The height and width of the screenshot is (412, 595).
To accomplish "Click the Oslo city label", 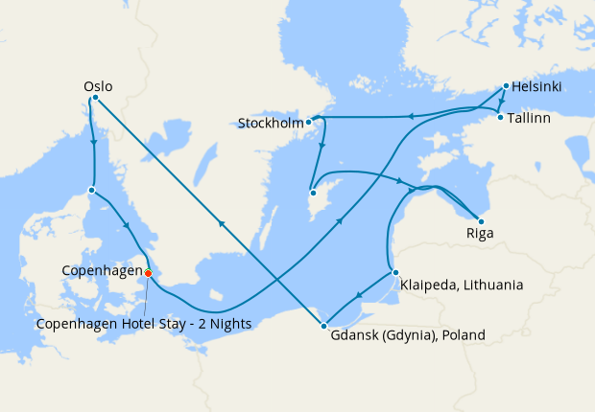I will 99,86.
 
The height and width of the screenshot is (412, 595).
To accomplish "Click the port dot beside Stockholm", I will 308,123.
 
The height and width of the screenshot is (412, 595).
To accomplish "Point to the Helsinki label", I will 536,87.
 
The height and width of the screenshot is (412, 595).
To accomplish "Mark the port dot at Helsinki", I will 506,87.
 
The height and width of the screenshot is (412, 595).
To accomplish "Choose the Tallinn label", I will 531,118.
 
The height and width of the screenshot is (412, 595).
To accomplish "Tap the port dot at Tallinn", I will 500,118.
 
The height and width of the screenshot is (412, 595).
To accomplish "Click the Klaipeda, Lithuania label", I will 463,285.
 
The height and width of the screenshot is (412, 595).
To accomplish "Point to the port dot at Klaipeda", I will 394,273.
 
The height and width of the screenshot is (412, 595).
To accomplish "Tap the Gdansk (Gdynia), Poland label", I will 408,335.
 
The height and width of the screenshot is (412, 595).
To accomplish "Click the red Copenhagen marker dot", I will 148,273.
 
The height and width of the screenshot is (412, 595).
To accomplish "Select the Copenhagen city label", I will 101,272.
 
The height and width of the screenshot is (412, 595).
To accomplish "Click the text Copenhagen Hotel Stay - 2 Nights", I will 144,324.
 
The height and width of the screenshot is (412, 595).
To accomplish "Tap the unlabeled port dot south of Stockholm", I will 313,194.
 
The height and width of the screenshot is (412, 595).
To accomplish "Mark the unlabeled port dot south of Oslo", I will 91,190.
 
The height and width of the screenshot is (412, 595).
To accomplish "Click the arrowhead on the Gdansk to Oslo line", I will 222,224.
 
